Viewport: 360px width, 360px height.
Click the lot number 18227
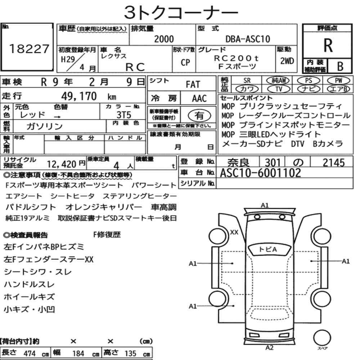(29, 49)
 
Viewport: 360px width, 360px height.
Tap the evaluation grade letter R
(328, 45)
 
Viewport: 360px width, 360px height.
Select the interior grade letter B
(340, 66)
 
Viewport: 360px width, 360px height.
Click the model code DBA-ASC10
(248, 39)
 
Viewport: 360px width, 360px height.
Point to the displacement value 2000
(164, 39)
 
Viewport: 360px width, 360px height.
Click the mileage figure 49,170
(79, 96)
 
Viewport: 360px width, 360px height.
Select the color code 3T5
(124, 115)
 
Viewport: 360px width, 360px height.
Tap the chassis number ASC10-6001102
(260, 173)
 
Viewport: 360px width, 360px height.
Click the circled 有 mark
(199, 115)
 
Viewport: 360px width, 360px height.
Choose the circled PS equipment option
(309, 80)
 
